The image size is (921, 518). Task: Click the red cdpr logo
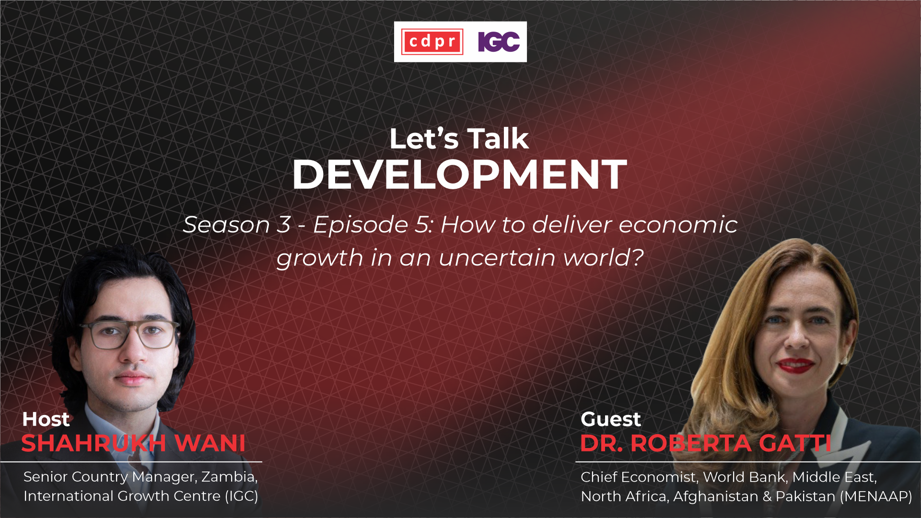coord(432,42)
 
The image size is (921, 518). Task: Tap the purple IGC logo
coord(499,42)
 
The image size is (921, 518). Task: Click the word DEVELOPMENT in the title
coord(459,174)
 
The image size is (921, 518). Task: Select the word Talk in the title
coord(498,138)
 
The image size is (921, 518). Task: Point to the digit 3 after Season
coord(284,225)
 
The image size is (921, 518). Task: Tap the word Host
coord(46,419)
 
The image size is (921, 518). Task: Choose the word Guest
coord(610,419)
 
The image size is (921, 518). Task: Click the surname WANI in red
coord(210,443)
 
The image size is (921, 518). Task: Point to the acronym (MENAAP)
coord(876,496)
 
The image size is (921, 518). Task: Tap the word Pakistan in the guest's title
coord(805,496)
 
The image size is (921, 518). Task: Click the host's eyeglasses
coord(129,334)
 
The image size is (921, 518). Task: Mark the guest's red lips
coord(795,365)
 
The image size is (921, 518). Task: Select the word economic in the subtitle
coord(678,225)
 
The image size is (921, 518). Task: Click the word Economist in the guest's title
coord(659,477)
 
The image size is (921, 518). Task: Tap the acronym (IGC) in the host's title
coord(242,496)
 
